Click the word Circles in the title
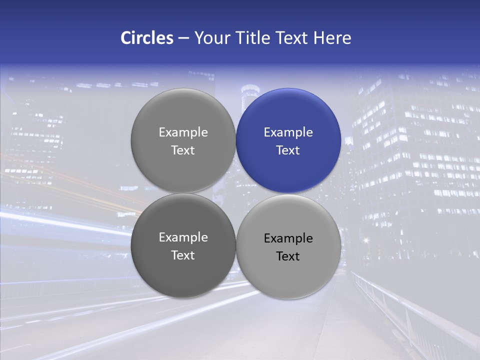[x=147, y=38]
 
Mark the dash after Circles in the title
[x=183, y=38]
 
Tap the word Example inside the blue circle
[x=288, y=132]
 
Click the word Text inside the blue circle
[x=288, y=150]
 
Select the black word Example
[x=288, y=238]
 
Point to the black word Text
[x=288, y=256]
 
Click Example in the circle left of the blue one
[x=183, y=132]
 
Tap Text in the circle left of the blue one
[x=183, y=150]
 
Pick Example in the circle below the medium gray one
[x=183, y=237]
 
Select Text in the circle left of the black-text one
[x=183, y=255]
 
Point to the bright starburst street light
[x=365, y=240]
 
